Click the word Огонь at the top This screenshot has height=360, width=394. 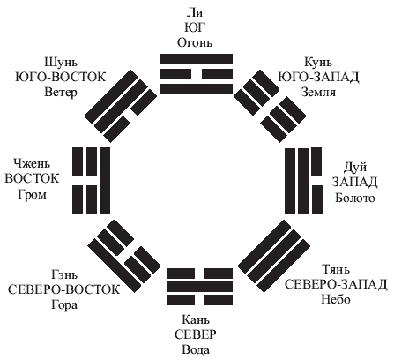[194, 42]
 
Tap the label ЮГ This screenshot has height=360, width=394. [194, 27]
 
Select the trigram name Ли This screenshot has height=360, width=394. [195, 12]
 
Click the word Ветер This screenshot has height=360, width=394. [61, 92]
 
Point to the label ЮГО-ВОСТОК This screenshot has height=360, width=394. [61, 77]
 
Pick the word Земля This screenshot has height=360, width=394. [318, 92]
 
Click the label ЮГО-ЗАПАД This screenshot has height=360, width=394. [318, 77]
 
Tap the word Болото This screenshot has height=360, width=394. [355, 198]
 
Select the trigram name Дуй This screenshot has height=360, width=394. [355, 168]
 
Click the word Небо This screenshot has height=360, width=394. [336, 299]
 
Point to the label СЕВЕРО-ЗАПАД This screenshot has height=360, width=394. [336, 284]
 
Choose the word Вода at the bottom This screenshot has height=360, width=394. [196, 350]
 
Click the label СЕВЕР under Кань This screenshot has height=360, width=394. [196, 334]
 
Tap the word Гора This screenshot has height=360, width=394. [64, 304]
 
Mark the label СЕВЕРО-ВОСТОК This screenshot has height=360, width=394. [63, 289]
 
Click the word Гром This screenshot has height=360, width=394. [32, 194]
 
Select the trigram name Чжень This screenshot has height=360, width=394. [32, 163]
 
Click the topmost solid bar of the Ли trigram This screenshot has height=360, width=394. [197, 59]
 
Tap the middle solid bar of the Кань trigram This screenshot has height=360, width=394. [200, 288]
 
